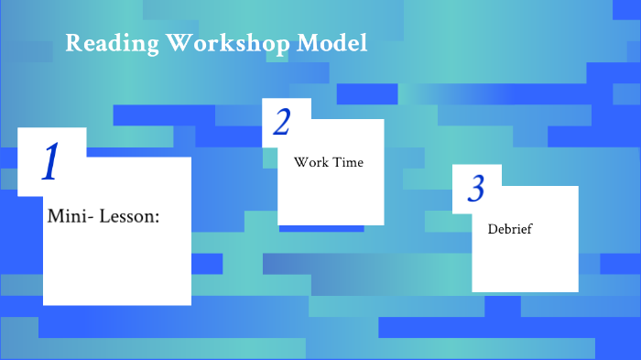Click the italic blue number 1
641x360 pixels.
[51, 161]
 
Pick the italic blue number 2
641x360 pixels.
[282, 123]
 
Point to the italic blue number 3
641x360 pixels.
[475, 188]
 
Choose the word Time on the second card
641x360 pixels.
[349, 162]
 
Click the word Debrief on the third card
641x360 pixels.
[510, 228]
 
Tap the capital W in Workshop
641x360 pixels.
[176, 43]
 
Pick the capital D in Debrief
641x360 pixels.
[493, 228]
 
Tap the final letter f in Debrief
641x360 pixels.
[529, 228]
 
